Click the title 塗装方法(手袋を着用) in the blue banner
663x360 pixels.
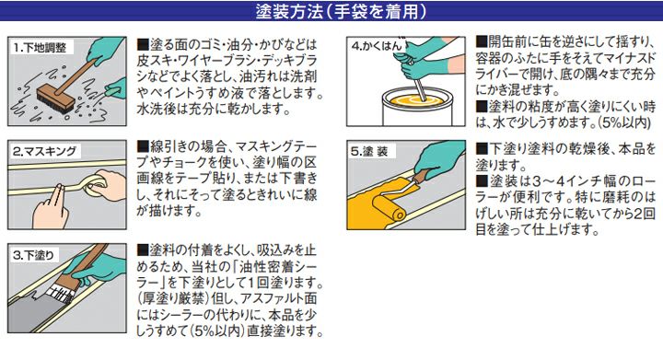pos(341,11)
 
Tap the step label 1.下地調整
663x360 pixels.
pos(40,48)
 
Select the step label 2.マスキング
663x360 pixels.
pos(44,151)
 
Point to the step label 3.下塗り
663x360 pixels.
pos(33,255)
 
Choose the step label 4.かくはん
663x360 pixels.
pos(377,46)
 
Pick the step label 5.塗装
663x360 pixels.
pos(369,151)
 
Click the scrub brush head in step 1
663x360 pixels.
pos(56,99)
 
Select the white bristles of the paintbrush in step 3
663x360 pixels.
pos(60,293)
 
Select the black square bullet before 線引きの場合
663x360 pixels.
pos(143,146)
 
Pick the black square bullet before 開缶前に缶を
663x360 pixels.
pos(482,41)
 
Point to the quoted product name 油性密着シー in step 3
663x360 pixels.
pos(274,266)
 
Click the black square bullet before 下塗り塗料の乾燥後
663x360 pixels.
pos(482,149)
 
